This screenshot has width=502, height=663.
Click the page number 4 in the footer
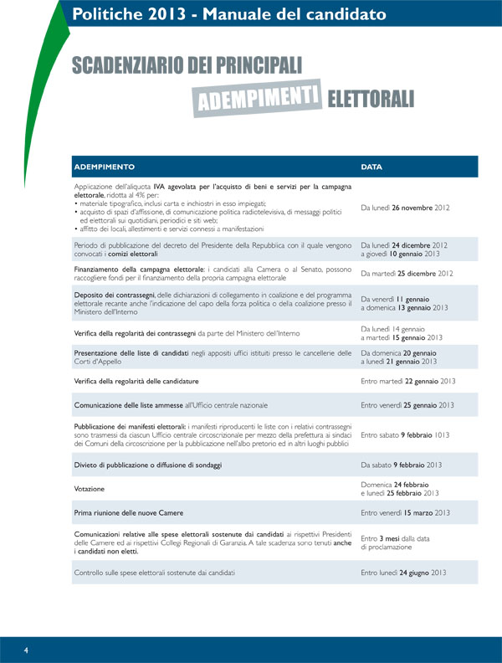coord(26,650)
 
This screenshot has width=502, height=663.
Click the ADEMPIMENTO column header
coord(104,167)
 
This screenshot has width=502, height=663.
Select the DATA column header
coord(371,167)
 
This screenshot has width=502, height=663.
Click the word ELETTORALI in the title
coord(371,99)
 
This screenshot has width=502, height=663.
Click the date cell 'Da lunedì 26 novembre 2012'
coord(406,207)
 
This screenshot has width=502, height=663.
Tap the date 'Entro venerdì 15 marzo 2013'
coord(406,512)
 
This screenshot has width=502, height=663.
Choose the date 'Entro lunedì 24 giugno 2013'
coord(403,573)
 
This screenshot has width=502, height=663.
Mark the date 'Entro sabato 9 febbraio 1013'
coord(405,435)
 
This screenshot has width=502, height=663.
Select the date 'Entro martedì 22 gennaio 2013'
coord(407,381)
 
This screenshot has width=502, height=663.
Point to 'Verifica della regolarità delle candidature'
coord(138,381)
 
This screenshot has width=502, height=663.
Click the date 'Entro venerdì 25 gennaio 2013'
coord(407,405)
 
